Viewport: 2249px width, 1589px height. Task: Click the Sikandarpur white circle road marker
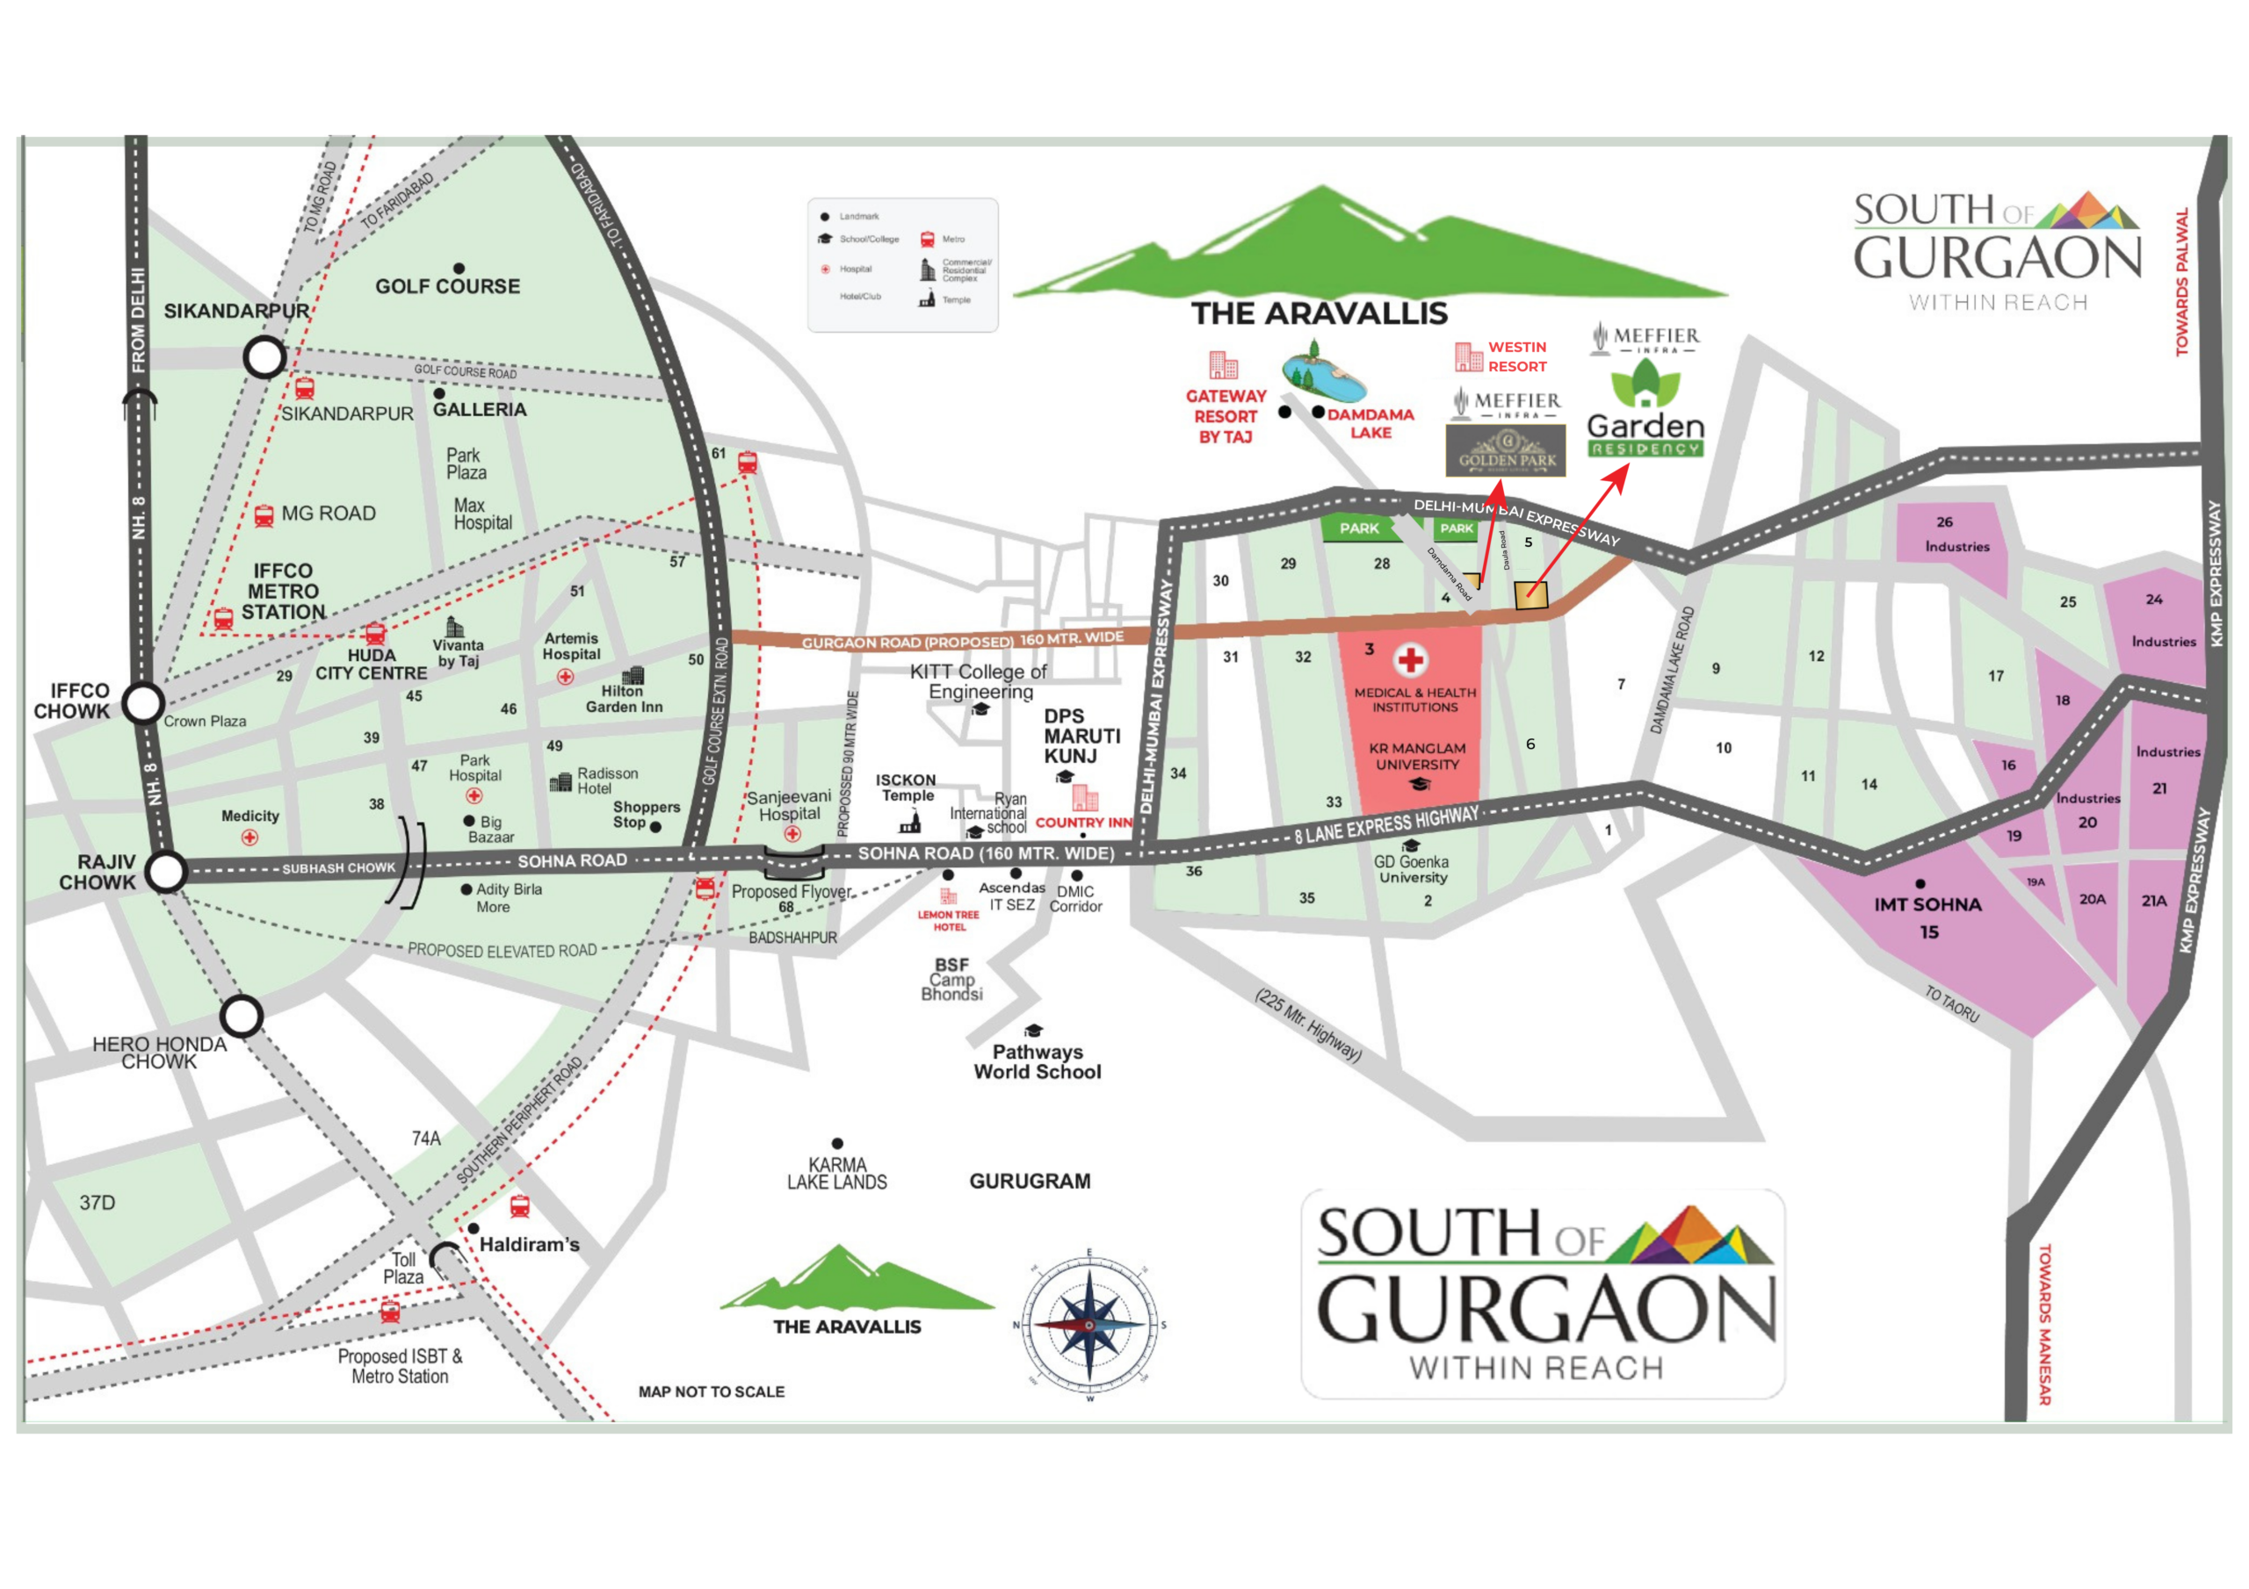click(264, 357)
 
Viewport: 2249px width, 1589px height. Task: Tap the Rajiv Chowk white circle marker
click(167, 870)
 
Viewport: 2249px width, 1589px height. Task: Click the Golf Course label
click(448, 286)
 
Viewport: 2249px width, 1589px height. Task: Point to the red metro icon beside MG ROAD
click(264, 516)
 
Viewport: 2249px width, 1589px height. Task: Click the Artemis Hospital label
click(571, 646)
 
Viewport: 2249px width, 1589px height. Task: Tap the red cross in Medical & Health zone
click(1411, 660)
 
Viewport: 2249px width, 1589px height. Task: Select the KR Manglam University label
click(1416, 756)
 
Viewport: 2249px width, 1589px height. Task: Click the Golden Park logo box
click(1506, 450)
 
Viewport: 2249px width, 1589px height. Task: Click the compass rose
click(1089, 1324)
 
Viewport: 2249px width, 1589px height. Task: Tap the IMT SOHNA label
click(1927, 904)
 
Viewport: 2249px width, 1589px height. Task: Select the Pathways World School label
click(1038, 1061)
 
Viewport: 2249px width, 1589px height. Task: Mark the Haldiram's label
click(529, 1244)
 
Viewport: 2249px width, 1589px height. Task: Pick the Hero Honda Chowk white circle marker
click(241, 1017)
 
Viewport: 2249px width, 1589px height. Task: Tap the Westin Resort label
click(1516, 356)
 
